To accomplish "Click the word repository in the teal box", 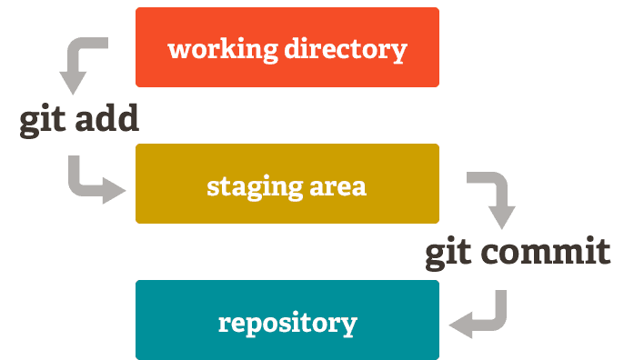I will [287, 323].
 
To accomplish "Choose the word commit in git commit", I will [548, 252].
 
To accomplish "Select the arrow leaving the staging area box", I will [492, 196].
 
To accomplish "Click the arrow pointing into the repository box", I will [481, 314].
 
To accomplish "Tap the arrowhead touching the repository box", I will [462, 322].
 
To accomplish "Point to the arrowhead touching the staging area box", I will [114, 190].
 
